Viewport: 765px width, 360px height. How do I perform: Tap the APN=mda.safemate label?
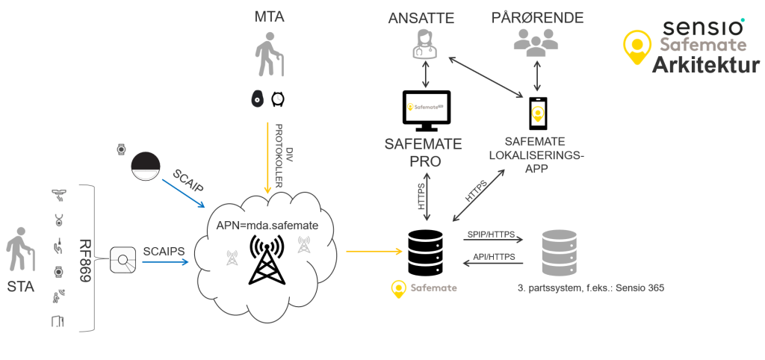coord(267,225)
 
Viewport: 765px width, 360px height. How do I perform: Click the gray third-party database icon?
coord(560,252)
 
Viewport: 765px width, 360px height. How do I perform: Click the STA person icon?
coord(20,252)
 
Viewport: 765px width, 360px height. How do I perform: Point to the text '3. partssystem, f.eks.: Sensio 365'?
coord(590,287)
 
